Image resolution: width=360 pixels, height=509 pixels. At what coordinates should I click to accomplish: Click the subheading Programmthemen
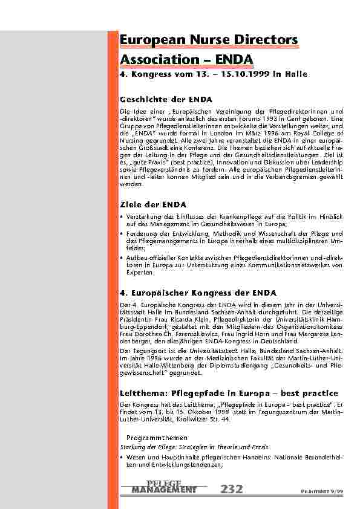tap(157, 437)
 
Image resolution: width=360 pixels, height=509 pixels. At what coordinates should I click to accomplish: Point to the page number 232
tap(232, 488)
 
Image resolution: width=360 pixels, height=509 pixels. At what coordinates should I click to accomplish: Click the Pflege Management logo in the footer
tap(164, 486)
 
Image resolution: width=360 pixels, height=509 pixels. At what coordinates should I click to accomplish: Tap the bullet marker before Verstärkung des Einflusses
tap(122, 216)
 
